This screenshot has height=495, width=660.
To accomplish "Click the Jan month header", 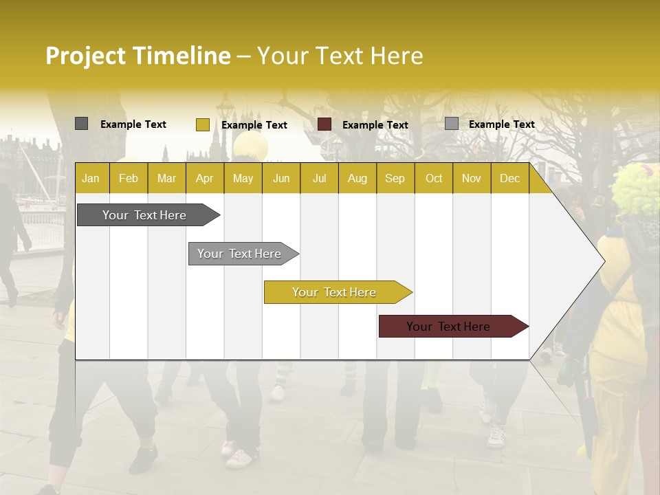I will pyautogui.click(x=91, y=178).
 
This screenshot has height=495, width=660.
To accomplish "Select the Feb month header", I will pyautogui.click(x=129, y=178).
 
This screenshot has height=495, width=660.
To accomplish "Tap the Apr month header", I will pyautogui.click(x=204, y=178).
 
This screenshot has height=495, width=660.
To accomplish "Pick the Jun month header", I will pyautogui.click(x=281, y=178).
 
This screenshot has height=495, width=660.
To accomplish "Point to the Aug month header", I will pyautogui.click(x=357, y=178).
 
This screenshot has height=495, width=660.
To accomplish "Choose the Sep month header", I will pyautogui.click(x=395, y=178).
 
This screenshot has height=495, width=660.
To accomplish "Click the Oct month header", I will pyautogui.click(x=434, y=178).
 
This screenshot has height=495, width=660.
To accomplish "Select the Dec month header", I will pyautogui.click(x=509, y=178).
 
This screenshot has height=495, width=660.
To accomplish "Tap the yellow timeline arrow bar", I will pyautogui.click(x=335, y=292).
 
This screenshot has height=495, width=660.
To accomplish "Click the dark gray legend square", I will pyautogui.click(x=81, y=124).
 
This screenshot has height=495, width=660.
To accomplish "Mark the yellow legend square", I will pyautogui.click(x=202, y=124).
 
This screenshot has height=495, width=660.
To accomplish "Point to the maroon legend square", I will pyautogui.click(x=324, y=124).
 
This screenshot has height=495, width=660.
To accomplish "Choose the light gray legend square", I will pyautogui.click(x=451, y=124).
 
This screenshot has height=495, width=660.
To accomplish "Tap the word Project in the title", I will pyautogui.click(x=86, y=56).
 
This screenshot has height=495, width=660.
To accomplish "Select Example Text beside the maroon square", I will pyautogui.click(x=375, y=125).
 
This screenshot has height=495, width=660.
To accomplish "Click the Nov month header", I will pyautogui.click(x=472, y=178).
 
